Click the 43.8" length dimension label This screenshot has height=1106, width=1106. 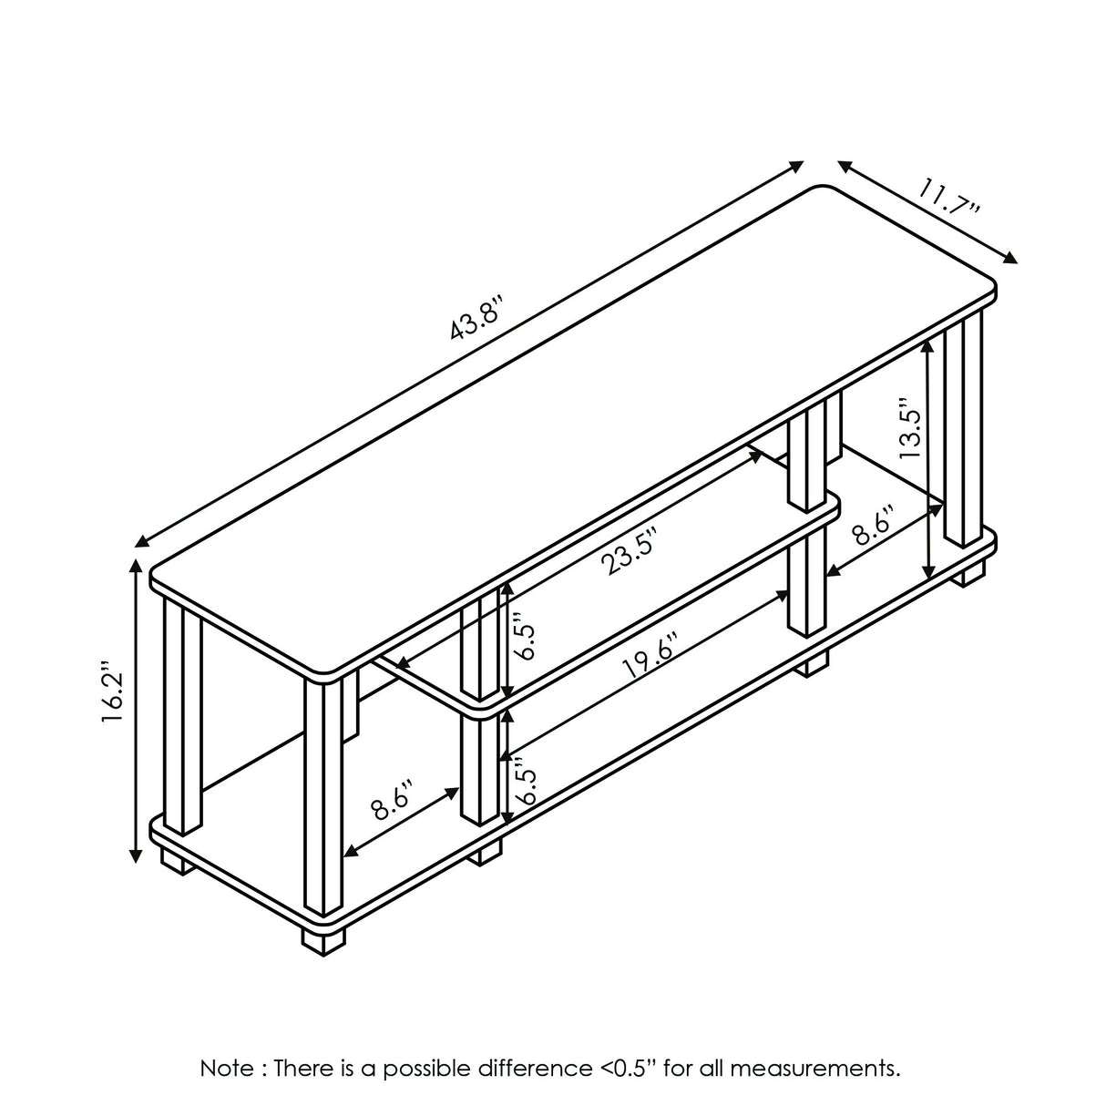(477, 316)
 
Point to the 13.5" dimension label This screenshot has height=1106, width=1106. (910, 427)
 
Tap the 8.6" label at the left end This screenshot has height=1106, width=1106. (394, 800)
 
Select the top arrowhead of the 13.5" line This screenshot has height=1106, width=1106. (928, 345)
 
